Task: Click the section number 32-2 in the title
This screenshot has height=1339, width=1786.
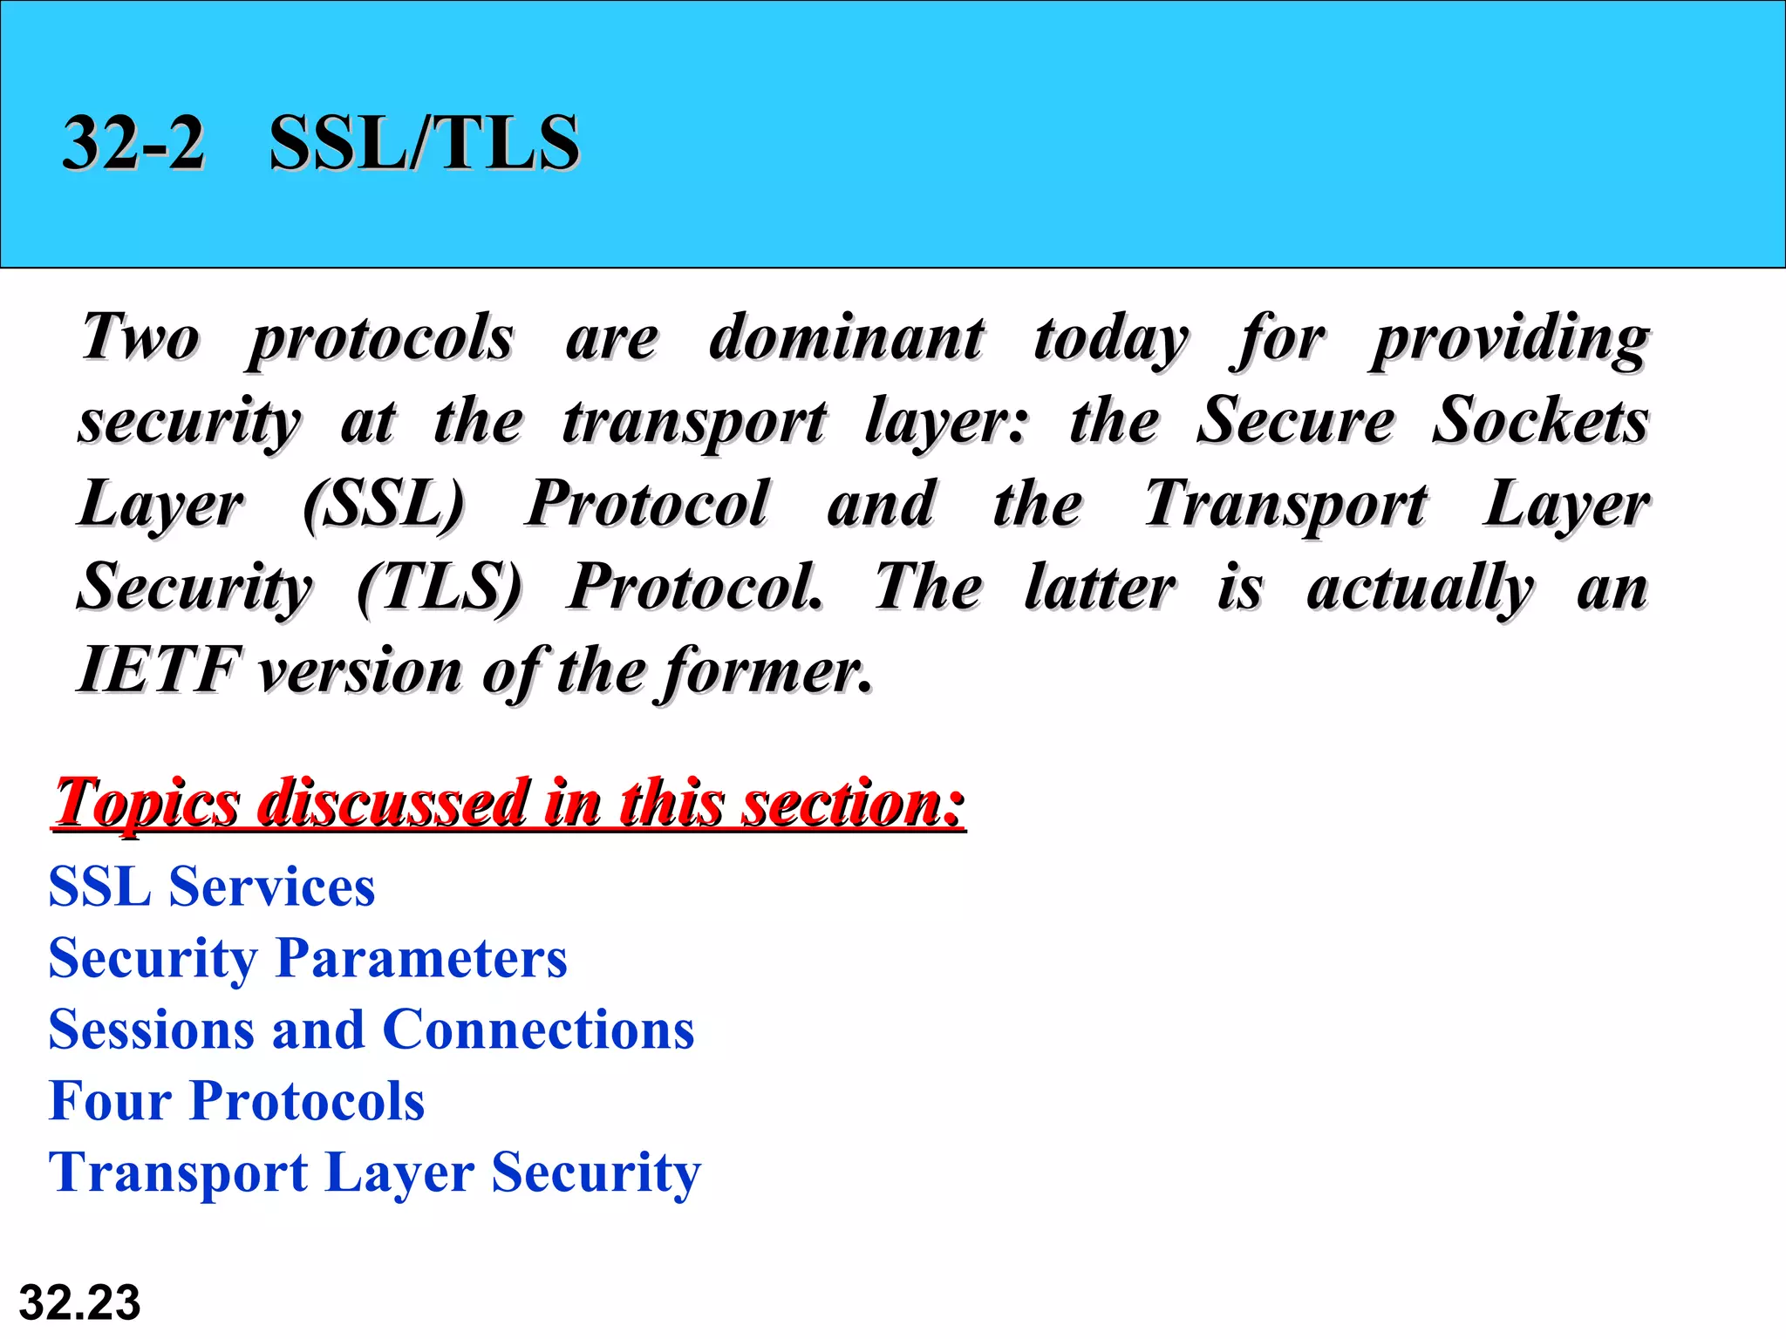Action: tap(133, 142)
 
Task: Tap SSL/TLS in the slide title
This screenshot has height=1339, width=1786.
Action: tap(424, 142)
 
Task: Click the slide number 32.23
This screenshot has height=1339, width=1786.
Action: tap(79, 1302)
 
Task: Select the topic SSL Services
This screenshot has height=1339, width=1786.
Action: tap(212, 887)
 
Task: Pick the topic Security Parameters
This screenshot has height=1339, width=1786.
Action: tap(308, 958)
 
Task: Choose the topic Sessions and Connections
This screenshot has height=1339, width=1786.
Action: tap(372, 1030)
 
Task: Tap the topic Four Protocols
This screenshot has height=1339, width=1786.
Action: tap(237, 1100)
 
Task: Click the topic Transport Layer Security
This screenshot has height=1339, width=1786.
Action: tap(375, 1172)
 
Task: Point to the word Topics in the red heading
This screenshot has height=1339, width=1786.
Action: tap(147, 802)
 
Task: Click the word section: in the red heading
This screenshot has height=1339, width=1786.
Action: tap(853, 802)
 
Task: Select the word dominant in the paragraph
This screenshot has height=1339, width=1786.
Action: tap(846, 337)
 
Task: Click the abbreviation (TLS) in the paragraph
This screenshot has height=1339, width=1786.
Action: tap(440, 587)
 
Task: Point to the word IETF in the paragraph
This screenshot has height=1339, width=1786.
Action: tap(157, 670)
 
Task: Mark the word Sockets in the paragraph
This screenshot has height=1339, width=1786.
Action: tap(1540, 421)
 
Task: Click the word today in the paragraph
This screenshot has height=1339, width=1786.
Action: tap(1110, 339)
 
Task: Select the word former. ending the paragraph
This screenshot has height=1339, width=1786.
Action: tap(767, 671)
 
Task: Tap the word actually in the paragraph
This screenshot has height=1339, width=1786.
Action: tap(1420, 588)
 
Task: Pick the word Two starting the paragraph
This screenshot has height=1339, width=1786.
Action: tap(140, 337)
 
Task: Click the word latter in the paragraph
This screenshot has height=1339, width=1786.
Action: tap(1100, 587)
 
